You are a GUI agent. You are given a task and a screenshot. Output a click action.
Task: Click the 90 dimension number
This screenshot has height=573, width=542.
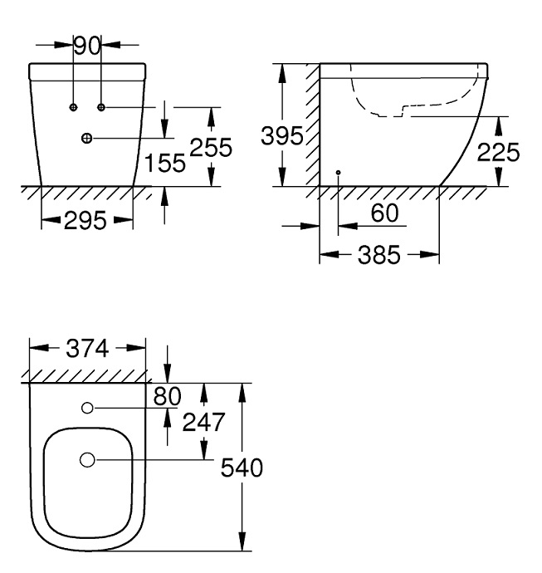87,45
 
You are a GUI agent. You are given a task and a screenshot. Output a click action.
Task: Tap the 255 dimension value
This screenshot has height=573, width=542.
210,148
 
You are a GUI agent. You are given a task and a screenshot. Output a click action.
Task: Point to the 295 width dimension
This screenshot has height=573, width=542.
87,221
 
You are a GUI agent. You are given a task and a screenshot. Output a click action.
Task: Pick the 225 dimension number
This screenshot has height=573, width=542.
498,153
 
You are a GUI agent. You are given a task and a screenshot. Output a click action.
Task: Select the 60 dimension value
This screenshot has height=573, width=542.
384,213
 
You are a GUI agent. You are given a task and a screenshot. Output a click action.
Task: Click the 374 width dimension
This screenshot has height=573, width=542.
87,350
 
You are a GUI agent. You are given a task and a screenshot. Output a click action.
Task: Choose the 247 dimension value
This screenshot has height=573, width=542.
203,423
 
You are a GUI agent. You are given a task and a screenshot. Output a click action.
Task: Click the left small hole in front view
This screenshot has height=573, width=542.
73,108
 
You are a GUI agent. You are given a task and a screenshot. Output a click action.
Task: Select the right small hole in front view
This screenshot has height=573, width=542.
101,108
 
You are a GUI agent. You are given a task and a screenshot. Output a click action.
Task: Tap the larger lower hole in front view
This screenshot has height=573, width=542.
87,138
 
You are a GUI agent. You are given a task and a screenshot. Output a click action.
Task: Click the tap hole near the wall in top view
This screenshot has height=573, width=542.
87,408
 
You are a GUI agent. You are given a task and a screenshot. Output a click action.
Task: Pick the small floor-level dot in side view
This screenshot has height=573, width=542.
338,171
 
